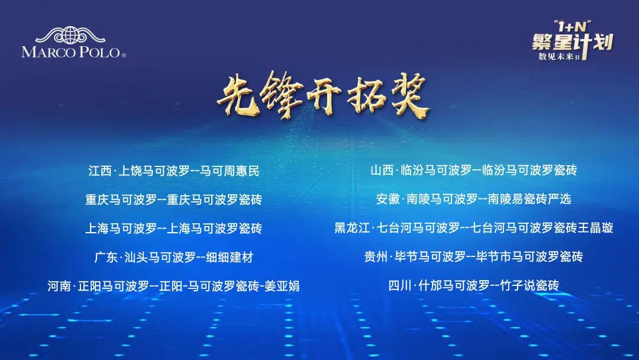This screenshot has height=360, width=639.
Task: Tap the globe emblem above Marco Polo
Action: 70,35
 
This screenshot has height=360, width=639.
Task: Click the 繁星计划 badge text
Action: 573,42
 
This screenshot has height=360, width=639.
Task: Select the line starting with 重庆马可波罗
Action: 173,200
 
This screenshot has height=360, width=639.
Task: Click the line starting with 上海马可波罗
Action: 173,229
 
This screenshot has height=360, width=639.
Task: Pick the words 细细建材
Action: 230,257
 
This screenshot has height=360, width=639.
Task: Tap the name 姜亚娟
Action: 282,286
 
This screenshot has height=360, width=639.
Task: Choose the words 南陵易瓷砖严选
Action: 530,199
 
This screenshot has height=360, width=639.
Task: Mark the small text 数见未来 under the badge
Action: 556,56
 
